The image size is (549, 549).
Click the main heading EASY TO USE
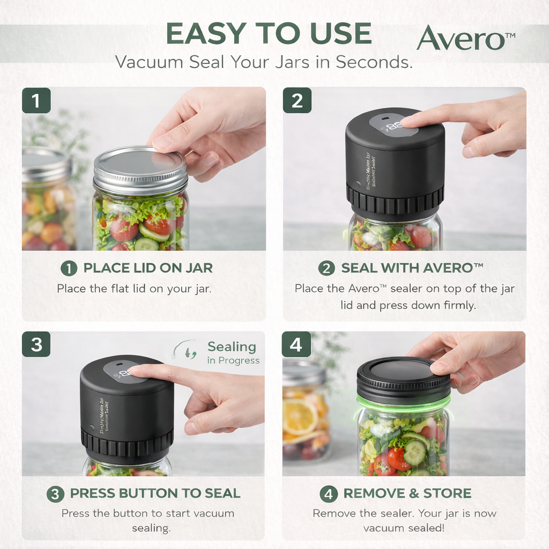pos(269,34)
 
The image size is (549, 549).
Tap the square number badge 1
pos(36,101)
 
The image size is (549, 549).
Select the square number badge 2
pos(297,101)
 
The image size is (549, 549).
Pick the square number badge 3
pos(36,344)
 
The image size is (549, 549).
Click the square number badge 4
pos(296,344)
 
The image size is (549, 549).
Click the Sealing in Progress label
pos(232,353)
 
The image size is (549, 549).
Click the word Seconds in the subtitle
pos(374,62)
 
